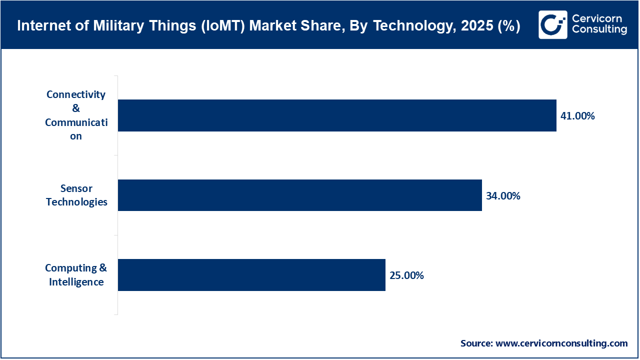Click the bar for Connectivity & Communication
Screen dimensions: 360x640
(337, 115)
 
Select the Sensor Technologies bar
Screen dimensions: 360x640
(300, 195)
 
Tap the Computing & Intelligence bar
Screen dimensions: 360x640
(251, 275)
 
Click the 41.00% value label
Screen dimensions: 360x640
(577, 116)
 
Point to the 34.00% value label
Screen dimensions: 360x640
(503, 196)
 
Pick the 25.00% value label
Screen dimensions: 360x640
(406, 275)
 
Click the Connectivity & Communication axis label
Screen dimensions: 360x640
(76, 115)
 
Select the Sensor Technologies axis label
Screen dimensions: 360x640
(76, 195)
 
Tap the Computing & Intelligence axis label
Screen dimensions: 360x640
(76, 275)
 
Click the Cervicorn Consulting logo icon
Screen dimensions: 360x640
(552, 24)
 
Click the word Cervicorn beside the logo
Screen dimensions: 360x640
(597, 18)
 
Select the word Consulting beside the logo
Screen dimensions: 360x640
(599, 30)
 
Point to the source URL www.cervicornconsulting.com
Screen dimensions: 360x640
(561, 343)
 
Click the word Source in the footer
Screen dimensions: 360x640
(475, 343)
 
